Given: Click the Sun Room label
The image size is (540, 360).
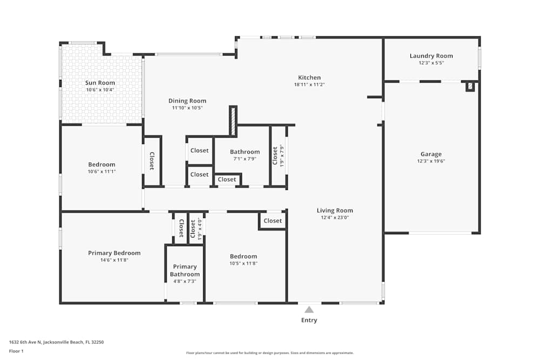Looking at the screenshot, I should [x=100, y=83].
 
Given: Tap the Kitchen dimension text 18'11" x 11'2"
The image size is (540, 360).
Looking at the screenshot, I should [x=309, y=85].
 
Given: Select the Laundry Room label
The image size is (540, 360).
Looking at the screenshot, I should [x=431, y=56].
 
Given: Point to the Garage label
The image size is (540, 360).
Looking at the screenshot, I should [x=431, y=154].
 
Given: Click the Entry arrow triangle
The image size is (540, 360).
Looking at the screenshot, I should [x=309, y=310].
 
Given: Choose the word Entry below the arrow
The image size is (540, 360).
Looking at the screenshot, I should [x=309, y=320].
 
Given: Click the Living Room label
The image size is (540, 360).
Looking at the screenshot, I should [x=335, y=210].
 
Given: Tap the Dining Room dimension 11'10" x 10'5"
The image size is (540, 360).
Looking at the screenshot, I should [x=187, y=108].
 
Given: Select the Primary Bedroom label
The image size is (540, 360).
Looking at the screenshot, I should [x=114, y=253].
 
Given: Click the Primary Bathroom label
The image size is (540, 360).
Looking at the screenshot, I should [x=185, y=270].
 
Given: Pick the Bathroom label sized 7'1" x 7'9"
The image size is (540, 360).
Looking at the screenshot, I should [x=245, y=152].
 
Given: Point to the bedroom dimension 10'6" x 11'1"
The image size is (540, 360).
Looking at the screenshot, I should [x=102, y=172].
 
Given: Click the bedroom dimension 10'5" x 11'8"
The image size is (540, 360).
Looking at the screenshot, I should [x=243, y=263].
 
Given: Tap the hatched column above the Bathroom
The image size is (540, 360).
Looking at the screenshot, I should [x=233, y=121].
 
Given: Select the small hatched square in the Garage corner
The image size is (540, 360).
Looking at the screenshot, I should [x=470, y=86].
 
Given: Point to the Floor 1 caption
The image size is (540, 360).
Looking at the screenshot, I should [x=16, y=351].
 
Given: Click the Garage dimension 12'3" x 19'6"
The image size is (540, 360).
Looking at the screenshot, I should [x=431, y=161].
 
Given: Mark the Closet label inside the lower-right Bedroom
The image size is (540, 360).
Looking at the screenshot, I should [x=273, y=221].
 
